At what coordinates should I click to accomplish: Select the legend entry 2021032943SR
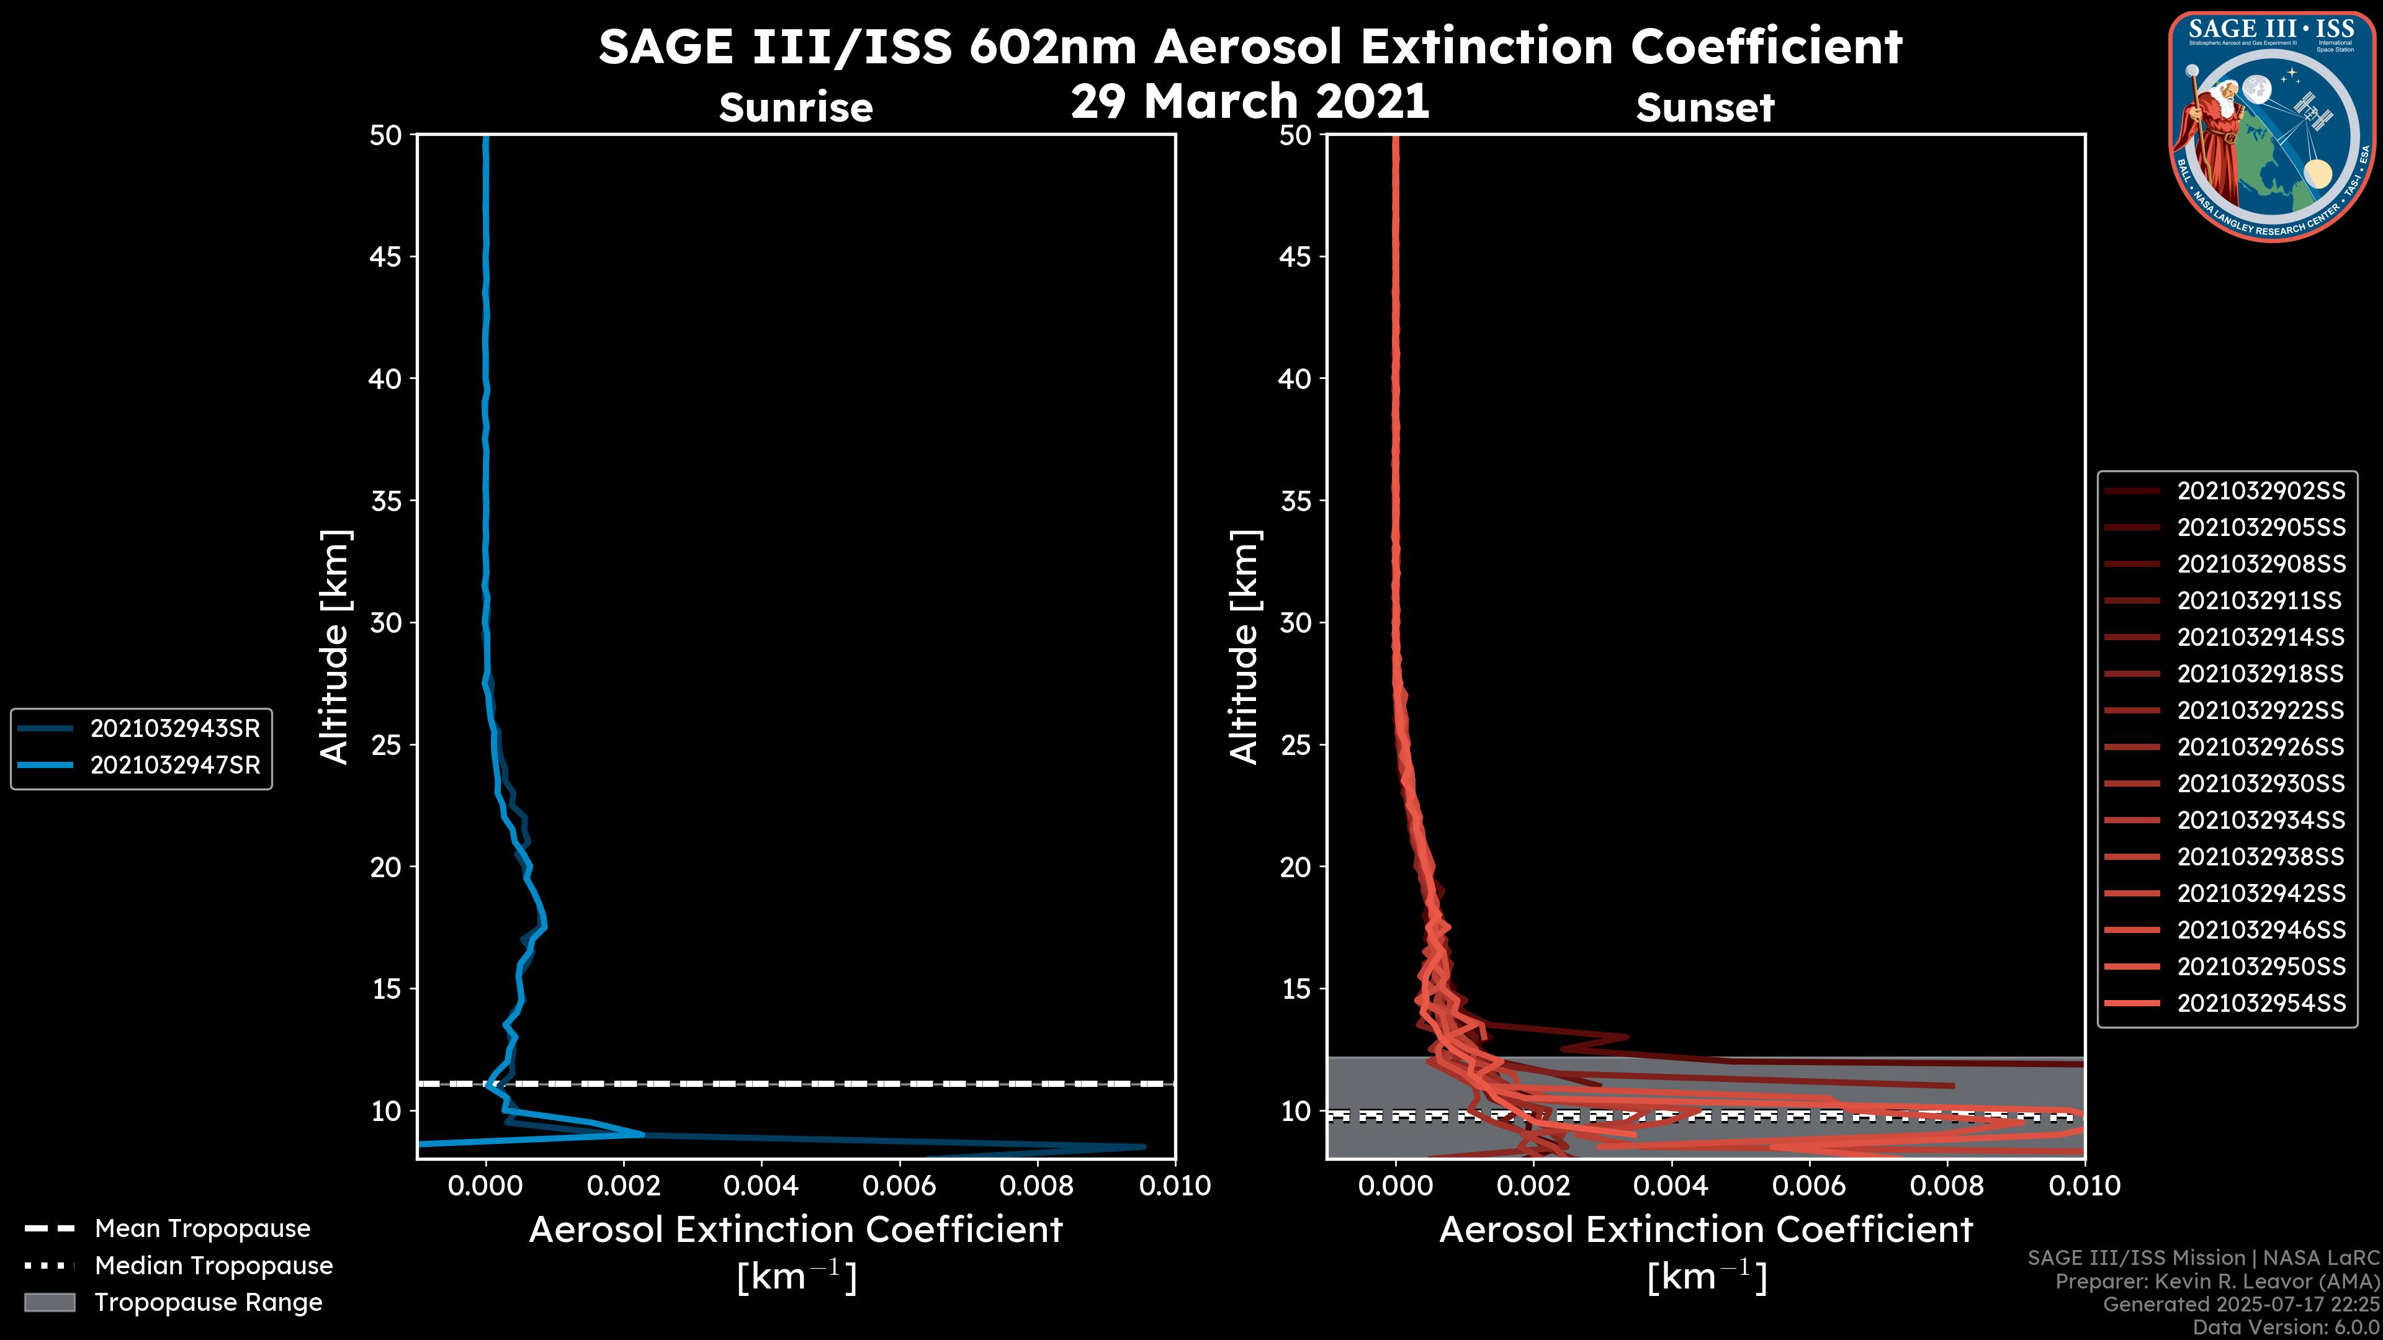pos(175,729)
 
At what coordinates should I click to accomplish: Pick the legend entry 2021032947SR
pos(175,766)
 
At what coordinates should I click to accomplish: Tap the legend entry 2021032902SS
pos(2261,491)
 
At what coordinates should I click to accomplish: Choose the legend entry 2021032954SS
pos(2261,1003)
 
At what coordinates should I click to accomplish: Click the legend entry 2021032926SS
pos(2261,747)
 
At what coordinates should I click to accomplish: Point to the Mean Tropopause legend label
pos(202,1228)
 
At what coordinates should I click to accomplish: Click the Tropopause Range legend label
pos(208,1302)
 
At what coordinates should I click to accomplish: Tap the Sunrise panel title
pos(796,107)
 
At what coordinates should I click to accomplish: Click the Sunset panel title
pos(1705,107)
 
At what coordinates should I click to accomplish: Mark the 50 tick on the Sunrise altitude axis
pos(386,135)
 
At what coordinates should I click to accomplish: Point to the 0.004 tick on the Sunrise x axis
pos(760,1186)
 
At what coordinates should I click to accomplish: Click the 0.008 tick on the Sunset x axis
pos(1947,1186)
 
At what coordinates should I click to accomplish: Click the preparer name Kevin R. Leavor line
pos(2217,1281)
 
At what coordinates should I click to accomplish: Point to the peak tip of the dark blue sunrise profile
pos(1144,1146)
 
